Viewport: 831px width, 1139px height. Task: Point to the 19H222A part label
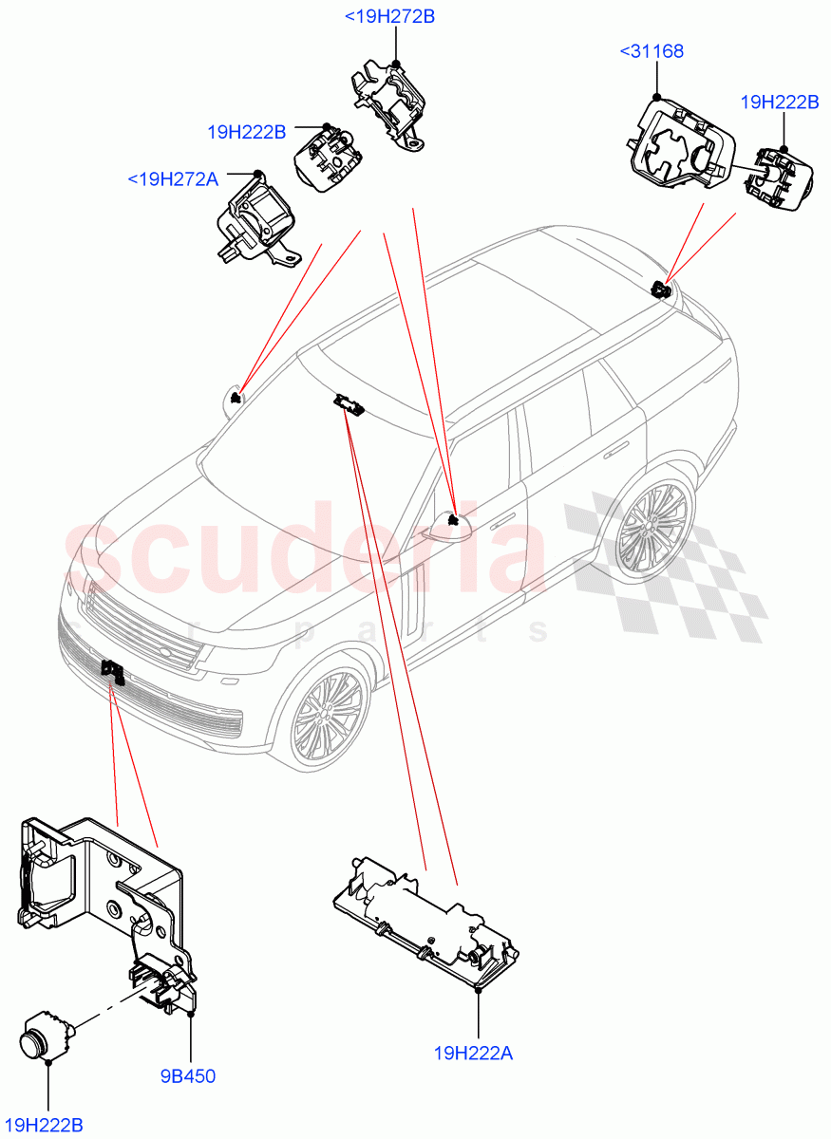point(473,1053)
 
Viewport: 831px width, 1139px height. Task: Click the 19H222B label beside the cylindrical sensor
point(47,1125)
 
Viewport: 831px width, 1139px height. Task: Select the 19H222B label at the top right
point(779,103)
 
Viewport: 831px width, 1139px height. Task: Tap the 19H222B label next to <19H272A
point(247,132)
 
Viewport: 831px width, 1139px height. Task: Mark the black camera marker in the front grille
point(114,672)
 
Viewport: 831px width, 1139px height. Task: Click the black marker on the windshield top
point(349,406)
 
